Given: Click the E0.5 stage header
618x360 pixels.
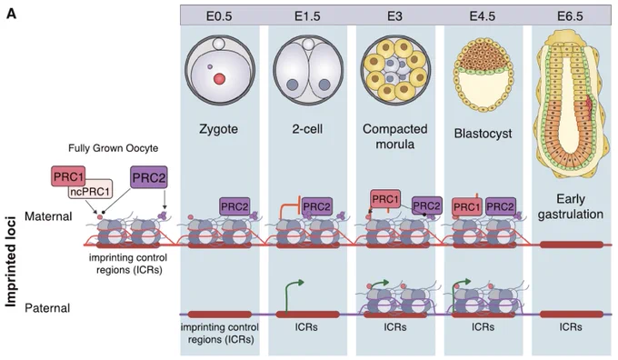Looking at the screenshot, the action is tap(219, 16).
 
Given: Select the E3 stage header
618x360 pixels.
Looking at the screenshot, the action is tap(395, 16).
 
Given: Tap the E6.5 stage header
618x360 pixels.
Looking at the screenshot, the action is tap(570, 16).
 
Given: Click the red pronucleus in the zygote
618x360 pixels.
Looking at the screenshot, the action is tap(220, 79).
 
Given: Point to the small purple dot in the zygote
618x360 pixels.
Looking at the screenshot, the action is tap(210, 67).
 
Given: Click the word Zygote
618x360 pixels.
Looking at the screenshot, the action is tap(219, 129).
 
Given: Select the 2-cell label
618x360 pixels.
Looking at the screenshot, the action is tap(307, 129).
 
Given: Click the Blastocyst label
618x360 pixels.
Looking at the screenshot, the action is tap(483, 134).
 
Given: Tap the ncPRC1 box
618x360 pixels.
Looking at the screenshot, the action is tap(90, 191).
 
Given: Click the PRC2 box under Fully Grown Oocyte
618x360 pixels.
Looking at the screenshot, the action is tap(148, 177).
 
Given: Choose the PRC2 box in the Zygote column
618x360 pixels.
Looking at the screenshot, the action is tap(234, 206).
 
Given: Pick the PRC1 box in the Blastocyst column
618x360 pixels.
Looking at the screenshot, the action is tap(467, 206).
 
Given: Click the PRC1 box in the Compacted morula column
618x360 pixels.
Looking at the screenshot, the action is tap(385, 199).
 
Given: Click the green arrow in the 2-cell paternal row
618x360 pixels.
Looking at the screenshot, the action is tap(291, 295).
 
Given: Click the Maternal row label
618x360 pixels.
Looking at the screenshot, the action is tap(48, 216).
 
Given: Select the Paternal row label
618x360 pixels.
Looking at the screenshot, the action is tap(47, 308).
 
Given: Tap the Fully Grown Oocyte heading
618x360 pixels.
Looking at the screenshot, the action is tap(113, 148).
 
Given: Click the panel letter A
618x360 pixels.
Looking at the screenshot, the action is tap(12, 15).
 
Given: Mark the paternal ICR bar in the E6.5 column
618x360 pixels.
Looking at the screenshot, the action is tap(571, 315).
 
